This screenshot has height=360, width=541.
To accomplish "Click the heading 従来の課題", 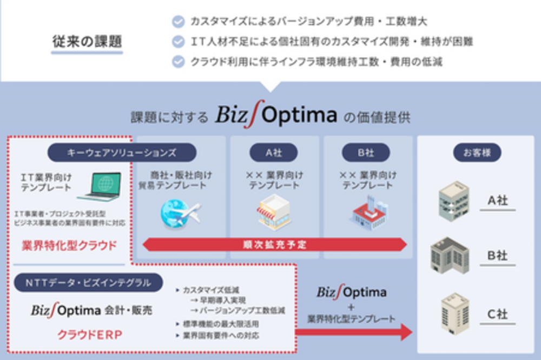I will click(x=87, y=41).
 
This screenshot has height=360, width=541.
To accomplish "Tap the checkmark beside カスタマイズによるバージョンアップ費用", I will click(x=178, y=22).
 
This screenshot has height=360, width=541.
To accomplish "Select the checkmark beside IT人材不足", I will click(x=178, y=42).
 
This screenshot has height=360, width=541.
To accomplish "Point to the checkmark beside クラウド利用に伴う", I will click(x=178, y=62).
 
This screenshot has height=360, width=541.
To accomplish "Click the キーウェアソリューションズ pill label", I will click(x=122, y=152).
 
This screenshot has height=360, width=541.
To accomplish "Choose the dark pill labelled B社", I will click(x=366, y=152).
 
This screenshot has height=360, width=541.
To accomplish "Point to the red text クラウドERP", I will click(x=90, y=335).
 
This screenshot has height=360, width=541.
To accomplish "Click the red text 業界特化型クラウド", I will click(x=69, y=245).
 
